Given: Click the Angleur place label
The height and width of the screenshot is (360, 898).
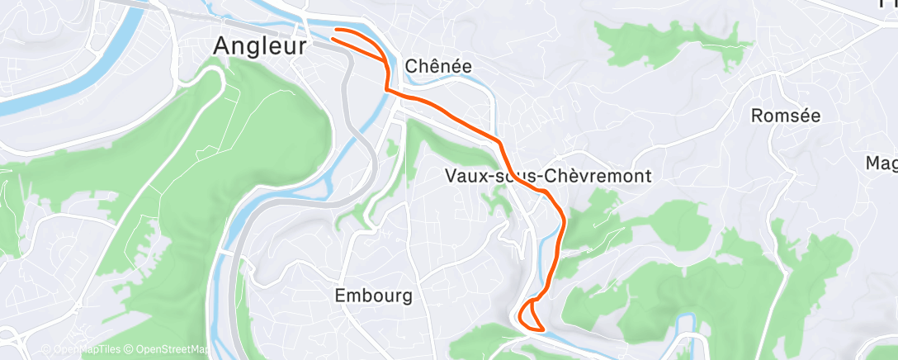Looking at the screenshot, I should (260, 46).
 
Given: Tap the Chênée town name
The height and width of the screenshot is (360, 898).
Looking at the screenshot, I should (438, 67).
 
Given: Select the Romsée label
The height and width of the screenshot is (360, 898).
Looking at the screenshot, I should (786, 116).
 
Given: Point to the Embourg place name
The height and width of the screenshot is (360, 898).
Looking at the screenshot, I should (373, 295).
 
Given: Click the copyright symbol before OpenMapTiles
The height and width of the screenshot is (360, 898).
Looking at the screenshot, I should (45, 350).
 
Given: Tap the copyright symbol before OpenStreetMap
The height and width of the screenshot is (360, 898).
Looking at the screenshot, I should (130, 350).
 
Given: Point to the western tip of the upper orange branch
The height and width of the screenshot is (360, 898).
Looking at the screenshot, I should (334, 31).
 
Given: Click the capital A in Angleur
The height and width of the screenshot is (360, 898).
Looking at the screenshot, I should (221, 46).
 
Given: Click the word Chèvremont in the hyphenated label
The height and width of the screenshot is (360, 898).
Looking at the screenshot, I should (603, 176).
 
